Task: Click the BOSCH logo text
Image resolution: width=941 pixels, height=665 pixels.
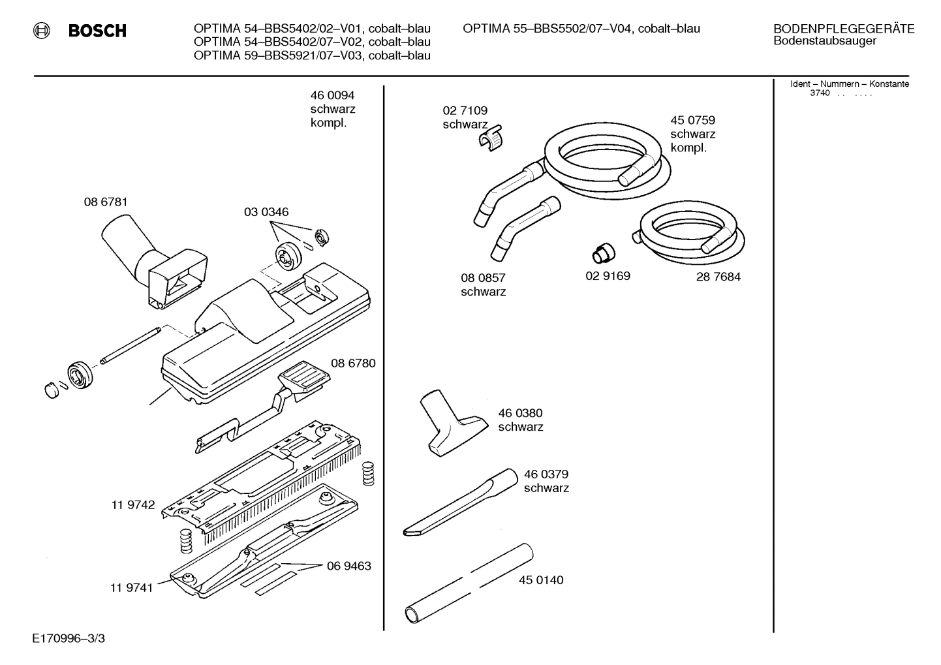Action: point(97,31)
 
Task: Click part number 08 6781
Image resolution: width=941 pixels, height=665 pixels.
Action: point(106,202)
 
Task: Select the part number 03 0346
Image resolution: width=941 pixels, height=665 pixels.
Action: point(266,212)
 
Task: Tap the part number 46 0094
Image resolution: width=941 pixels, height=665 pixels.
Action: point(332,96)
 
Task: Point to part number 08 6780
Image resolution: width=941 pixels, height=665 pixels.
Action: point(353,363)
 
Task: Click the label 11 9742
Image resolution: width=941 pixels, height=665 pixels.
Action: point(132,504)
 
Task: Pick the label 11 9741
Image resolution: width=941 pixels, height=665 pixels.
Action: point(131,587)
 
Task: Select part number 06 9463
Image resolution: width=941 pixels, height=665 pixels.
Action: point(348,566)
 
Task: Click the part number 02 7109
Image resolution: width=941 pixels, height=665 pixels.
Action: point(465,111)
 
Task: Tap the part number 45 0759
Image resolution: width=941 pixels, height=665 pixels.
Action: point(692,120)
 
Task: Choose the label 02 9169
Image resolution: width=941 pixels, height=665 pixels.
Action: point(608,276)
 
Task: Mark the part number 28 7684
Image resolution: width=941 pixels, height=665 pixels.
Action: point(718,277)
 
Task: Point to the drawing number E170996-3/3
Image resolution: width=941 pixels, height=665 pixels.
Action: point(68,638)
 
